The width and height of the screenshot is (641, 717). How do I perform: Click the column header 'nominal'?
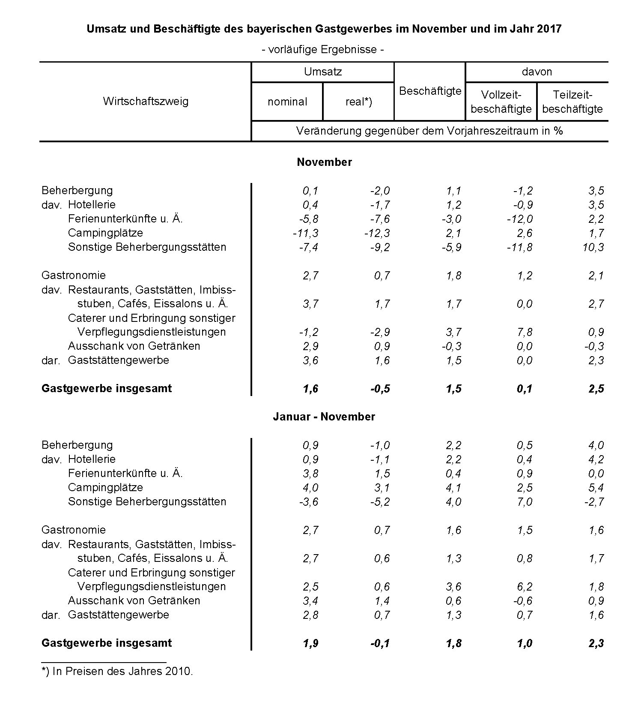tap(287, 102)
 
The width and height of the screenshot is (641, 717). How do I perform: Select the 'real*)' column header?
tap(359, 102)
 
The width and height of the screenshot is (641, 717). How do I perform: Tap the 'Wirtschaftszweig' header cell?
tap(146, 102)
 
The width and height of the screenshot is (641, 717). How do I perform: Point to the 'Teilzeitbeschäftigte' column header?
tap(572, 102)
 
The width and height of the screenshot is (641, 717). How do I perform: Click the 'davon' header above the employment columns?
tap(537, 72)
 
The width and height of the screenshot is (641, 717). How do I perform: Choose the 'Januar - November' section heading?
tap(324, 417)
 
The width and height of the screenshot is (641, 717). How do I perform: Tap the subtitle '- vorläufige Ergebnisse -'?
tap(323, 50)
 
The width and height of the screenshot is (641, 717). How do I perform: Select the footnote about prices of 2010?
tap(117, 671)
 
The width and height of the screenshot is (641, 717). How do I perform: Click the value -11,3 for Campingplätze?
tap(305, 233)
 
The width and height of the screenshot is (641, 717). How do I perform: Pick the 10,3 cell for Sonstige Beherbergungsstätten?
tap(593, 247)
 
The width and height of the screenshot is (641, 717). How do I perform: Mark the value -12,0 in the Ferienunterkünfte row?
tap(520, 219)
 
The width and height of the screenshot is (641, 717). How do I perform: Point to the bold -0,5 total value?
tap(380, 389)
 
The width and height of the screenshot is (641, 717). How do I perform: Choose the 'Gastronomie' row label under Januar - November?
tap(74, 530)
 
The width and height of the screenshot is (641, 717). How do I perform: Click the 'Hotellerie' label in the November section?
tap(92, 205)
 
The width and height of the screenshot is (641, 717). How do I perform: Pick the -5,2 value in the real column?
tap(380, 502)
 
